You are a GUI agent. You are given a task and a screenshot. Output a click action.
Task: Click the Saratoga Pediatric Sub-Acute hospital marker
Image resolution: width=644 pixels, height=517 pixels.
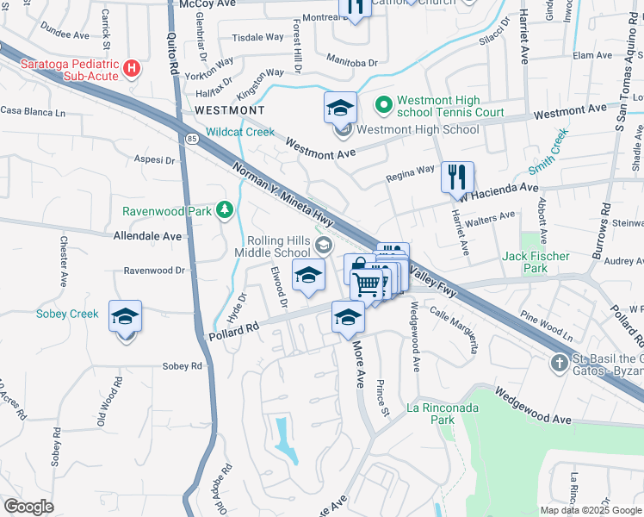coord(132,68)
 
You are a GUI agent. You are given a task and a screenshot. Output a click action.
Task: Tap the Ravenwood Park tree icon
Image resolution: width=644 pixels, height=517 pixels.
coord(225,209)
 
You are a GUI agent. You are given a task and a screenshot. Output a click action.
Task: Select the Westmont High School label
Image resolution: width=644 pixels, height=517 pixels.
coord(418,129)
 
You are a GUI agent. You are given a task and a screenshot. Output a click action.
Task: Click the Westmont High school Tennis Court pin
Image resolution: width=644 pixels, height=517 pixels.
coord(383,105)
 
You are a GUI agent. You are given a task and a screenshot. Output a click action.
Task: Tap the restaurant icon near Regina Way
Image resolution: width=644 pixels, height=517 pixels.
coord(458,178)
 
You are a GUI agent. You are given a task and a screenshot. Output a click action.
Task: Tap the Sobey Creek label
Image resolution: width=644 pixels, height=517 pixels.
coord(67,314)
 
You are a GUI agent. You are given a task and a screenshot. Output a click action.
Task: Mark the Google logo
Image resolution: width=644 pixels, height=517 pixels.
coord(28,507)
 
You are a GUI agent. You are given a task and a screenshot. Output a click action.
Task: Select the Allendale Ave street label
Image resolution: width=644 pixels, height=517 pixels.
coord(148,235)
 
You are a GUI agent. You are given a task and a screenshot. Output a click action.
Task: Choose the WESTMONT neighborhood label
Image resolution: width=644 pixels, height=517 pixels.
coord(230,110)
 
